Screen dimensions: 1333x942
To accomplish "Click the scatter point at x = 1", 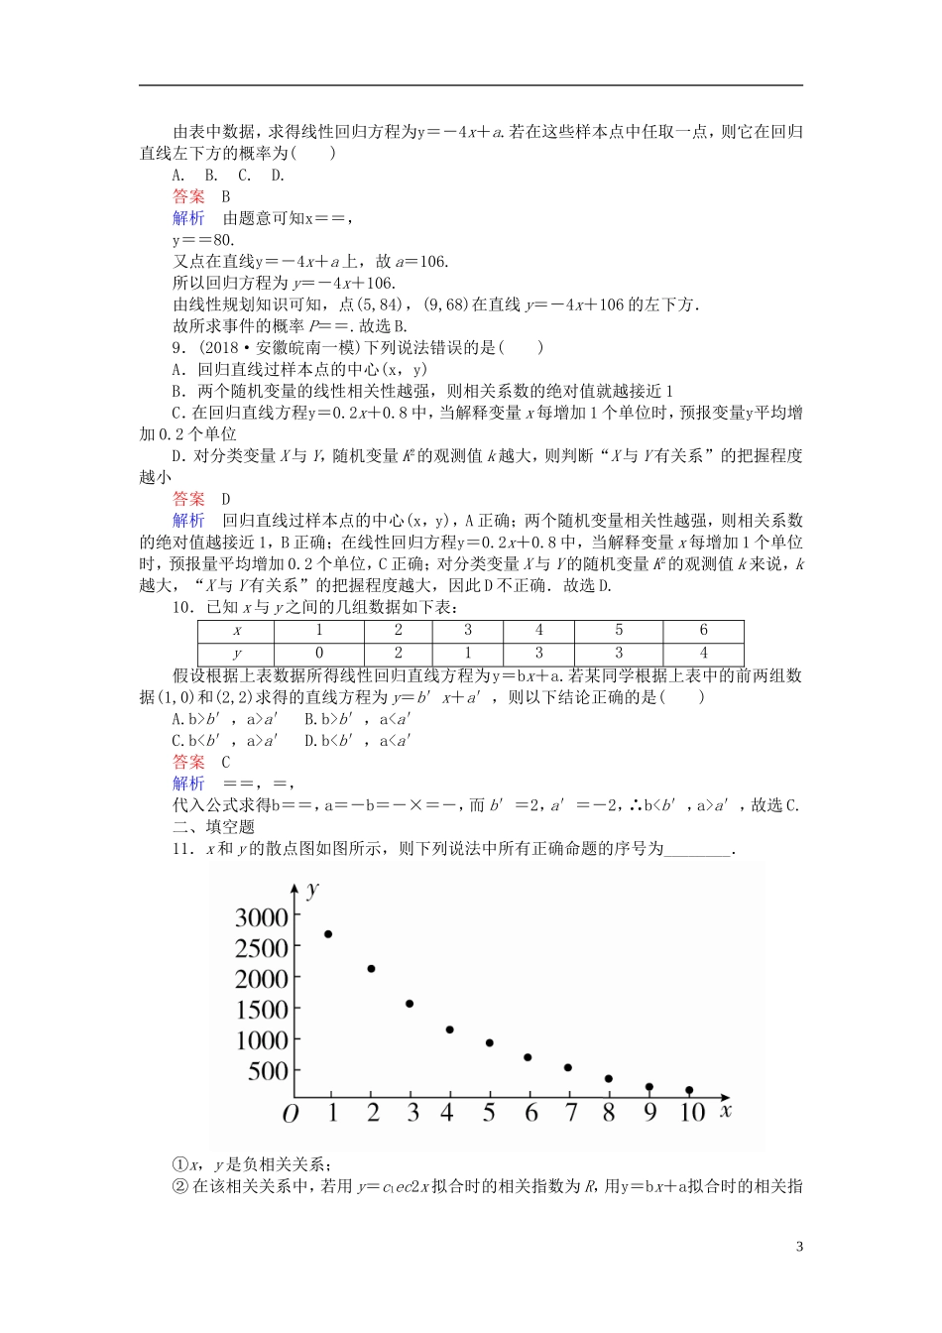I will click(x=328, y=934).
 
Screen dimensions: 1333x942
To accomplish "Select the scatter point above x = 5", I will click(x=490, y=1043).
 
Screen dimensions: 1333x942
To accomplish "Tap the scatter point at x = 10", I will click(x=689, y=1090).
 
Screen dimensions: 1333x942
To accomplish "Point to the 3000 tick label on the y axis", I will click(x=262, y=917).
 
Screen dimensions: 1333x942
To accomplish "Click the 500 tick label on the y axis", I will click(x=269, y=1071).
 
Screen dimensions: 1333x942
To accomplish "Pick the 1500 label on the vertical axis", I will click(x=262, y=1010).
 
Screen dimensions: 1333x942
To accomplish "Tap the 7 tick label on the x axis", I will click(x=570, y=1113).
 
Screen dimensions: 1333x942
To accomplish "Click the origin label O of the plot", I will click(x=290, y=1115).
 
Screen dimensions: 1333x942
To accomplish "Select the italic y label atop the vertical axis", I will click(x=314, y=889).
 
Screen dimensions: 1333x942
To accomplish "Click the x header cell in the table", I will click(x=236, y=631).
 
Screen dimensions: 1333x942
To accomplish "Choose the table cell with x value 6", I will click(x=703, y=631).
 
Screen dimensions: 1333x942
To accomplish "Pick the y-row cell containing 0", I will click(x=318, y=654).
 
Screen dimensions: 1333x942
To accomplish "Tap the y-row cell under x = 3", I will click(x=468, y=654).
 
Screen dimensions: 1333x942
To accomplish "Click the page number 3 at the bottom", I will click(x=799, y=1247).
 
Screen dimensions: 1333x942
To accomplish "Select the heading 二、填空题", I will click(x=213, y=827).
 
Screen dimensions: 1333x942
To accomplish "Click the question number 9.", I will click(x=178, y=348).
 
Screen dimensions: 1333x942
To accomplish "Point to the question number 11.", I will click(x=181, y=849).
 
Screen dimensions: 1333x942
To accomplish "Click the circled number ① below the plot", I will click(x=180, y=1164).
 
